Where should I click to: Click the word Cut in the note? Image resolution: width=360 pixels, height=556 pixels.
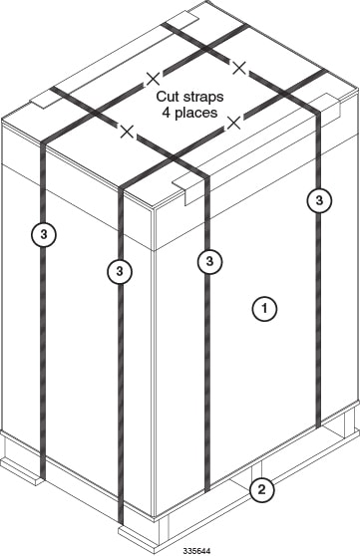click(x=168, y=97)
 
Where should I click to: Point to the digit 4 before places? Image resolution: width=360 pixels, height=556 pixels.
click(x=167, y=113)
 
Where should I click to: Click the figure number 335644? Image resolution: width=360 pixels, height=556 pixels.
click(x=196, y=551)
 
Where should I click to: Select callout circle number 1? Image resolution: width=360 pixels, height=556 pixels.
click(x=264, y=309)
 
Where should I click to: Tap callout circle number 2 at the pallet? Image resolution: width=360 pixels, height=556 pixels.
click(x=261, y=490)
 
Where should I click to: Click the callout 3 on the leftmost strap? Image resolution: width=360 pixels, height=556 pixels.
click(x=43, y=234)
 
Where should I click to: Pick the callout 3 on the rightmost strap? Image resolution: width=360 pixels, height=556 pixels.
click(x=319, y=200)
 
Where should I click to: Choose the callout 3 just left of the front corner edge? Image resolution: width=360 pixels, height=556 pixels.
click(x=120, y=272)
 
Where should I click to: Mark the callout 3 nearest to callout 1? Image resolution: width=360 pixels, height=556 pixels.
click(x=209, y=262)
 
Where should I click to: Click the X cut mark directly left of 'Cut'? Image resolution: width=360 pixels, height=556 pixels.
click(x=153, y=79)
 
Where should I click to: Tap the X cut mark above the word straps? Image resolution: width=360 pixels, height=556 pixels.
click(x=239, y=68)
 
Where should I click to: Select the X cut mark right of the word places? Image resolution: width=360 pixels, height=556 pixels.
click(x=234, y=123)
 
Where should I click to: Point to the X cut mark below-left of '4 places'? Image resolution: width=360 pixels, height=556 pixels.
click(x=127, y=132)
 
